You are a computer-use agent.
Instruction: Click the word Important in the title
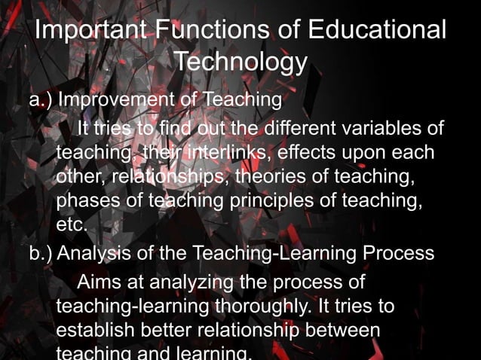pyautogui.click(x=91, y=32)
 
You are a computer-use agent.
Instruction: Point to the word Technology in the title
pyautogui.click(x=240, y=62)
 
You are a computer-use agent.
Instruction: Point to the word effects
pyautogui.click(x=309, y=153)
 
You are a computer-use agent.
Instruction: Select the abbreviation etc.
pyautogui.click(x=72, y=226)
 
